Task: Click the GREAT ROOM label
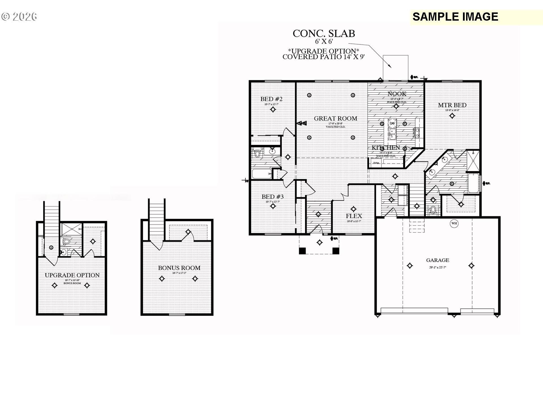tap(335, 118)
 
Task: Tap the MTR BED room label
tap(452, 105)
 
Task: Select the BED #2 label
tap(271, 99)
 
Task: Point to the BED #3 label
tap(273, 197)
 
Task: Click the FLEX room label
tap(354, 216)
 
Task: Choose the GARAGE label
tap(438, 260)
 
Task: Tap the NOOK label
tap(397, 94)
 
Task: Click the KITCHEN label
tap(386, 148)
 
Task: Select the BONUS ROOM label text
tap(179, 268)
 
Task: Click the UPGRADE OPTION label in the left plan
tap(72, 275)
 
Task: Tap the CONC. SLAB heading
tap(324, 34)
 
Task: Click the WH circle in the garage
tap(454, 224)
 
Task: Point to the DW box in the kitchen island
tap(392, 123)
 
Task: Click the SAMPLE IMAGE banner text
tap(455, 17)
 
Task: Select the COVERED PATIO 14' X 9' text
tap(324, 57)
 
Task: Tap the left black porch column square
tap(302, 251)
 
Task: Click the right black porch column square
tap(336, 251)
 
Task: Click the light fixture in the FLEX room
tap(353, 209)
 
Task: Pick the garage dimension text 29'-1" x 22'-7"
tap(438, 267)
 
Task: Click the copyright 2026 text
tap(19, 17)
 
